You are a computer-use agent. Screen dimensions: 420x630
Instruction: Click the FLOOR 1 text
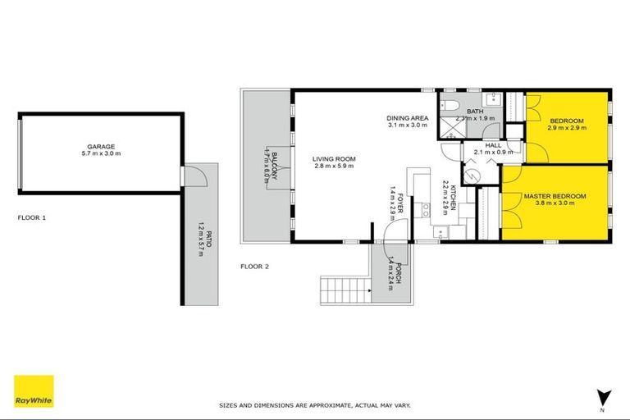31,218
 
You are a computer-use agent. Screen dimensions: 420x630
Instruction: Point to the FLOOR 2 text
254,267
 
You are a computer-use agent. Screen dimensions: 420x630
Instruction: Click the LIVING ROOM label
333,158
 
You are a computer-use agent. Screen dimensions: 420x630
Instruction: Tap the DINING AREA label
407,118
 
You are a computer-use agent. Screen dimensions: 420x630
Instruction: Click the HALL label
493,144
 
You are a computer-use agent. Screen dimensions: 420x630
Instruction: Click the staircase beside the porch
337,289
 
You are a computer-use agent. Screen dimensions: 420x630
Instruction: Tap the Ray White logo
34,391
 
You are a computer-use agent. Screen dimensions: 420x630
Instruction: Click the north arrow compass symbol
603,398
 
